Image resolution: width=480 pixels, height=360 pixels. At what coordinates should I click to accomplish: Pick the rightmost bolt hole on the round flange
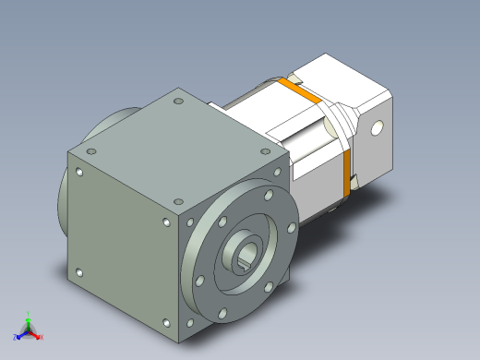(x=292, y=224)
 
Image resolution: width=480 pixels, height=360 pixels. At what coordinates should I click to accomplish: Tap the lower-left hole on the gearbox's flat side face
(x=78, y=272)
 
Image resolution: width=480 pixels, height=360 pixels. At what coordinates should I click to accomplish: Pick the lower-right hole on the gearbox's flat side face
(x=165, y=322)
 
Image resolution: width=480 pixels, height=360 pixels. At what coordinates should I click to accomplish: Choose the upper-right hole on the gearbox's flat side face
(x=166, y=222)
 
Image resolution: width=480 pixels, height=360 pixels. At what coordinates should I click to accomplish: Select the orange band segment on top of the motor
(x=294, y=89)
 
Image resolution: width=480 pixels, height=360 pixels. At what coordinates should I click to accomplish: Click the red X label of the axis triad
(x=40, y=333)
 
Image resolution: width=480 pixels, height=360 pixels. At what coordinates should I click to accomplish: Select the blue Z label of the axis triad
(x=16, y=336)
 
